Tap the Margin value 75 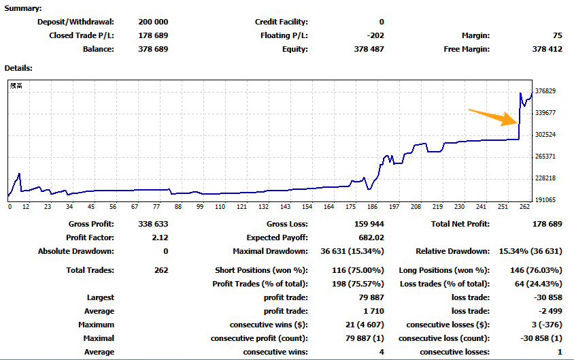tap(557, 35)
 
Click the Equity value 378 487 tap(369, 49)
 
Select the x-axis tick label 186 tap(372, 207)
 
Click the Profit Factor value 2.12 tap(161, 238)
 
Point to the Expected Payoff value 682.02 tap(370, 238)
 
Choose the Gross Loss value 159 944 tap(368, 224)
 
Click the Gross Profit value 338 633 tap(152, 224)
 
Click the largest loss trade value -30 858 tap(547, 297)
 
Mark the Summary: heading tap(22, 8)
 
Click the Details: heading tap(18, 68)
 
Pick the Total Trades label tap(91, 270)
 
